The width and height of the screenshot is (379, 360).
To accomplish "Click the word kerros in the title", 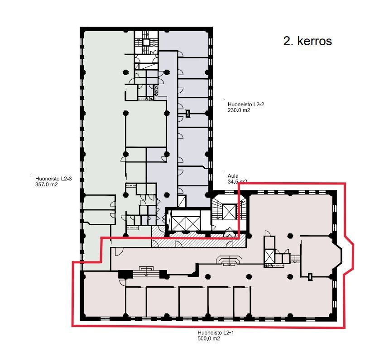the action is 314,41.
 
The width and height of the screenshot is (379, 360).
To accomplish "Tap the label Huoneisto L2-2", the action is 245,104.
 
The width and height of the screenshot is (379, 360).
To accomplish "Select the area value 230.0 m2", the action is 239,110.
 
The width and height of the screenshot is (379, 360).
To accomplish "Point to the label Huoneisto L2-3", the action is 53,179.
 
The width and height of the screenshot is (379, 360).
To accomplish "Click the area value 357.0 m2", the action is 46,185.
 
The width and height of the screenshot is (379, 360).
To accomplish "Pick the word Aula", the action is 233,176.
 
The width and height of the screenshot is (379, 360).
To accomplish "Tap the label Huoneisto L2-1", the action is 216,333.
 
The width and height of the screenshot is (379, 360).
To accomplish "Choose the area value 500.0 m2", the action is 209,338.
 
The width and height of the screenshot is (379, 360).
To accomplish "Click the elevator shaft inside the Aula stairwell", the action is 229,212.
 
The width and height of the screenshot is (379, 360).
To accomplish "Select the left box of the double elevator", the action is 178,223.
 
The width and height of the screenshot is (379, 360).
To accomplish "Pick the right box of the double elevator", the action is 192,223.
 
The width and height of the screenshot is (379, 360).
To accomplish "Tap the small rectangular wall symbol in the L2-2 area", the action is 188,114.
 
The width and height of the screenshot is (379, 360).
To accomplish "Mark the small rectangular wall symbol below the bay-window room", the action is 310,276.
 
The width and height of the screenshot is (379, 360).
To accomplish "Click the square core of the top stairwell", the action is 146,43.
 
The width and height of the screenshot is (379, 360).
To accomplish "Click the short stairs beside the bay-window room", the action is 295,259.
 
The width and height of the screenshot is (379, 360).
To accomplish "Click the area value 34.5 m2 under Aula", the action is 237,182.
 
